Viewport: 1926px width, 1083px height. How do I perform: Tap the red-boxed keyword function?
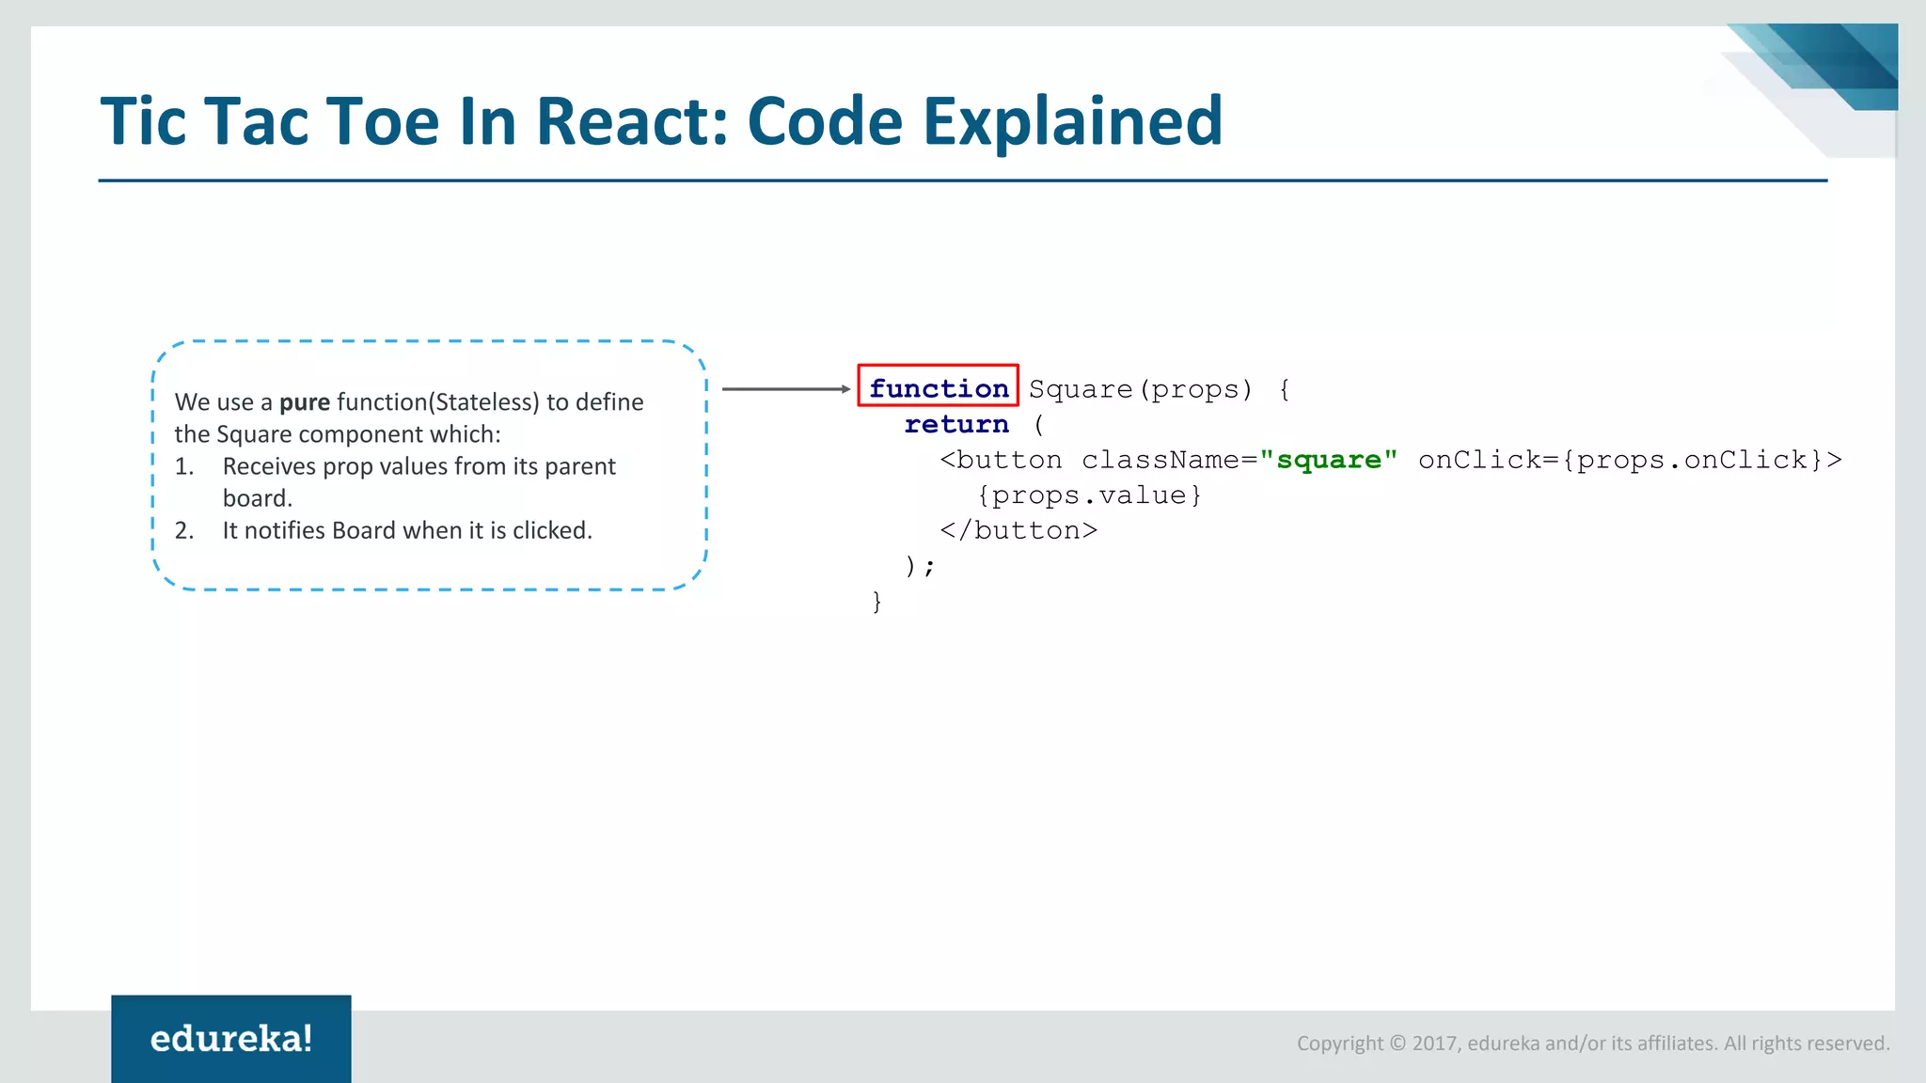coord(939,387)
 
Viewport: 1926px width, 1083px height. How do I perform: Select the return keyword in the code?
coord(956,424)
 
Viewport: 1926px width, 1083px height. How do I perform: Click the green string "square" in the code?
coord(1328,460)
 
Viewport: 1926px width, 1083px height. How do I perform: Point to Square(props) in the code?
coord(1141,389)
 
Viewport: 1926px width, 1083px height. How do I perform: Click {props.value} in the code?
coord(1089,495)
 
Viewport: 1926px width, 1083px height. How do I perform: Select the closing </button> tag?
coord(1018,531)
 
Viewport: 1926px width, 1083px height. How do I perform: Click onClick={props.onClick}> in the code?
coord(1630,460)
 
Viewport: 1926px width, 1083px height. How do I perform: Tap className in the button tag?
coord(1161,460)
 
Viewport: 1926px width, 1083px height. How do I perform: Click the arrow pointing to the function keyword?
coord(786,389)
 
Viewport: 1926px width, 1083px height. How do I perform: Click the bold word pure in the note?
coord(305,402)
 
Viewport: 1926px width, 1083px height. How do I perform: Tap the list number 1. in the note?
coord(184,467)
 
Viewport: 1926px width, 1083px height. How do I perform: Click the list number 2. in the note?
coord(184,531)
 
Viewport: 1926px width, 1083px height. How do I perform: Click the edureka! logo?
coord(231,1039)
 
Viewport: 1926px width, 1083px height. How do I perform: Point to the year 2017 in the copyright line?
coord(1435,1044)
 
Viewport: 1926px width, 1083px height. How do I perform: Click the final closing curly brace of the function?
coord(877,602)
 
